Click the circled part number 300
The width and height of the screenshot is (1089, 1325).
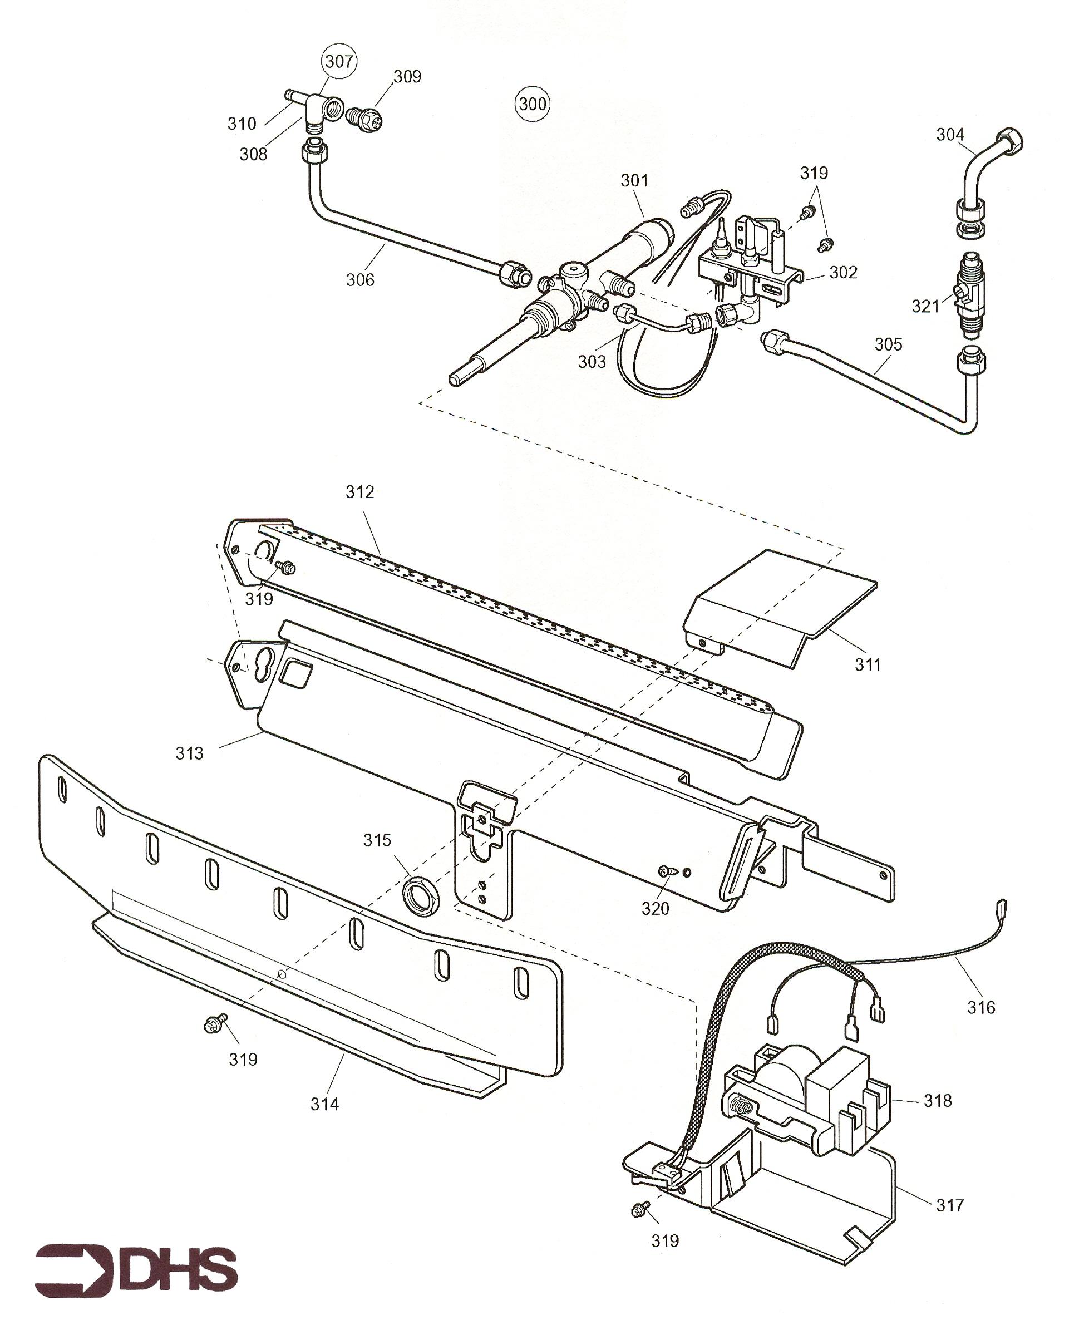coord(532,104)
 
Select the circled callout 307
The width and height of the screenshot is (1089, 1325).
coord(339,61)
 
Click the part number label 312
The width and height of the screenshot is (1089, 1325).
coord(359,492)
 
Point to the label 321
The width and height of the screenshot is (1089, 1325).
coord(925,306)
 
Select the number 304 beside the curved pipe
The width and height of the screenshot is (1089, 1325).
coord(950,134)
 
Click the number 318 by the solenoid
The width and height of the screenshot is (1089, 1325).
coord(937,1100)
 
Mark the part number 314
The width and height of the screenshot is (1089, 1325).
coord(324,1104)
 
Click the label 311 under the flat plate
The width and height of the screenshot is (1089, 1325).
coord(868,664)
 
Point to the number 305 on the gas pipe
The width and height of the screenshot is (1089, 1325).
coord(888,344)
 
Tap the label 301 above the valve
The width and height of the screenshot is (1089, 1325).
coord(634,181)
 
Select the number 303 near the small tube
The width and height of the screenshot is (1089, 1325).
coord(592,361)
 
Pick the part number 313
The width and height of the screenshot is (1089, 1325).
coord(189,753)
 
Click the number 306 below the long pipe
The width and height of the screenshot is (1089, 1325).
coord(360,280)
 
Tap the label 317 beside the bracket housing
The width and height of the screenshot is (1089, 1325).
coord(949,1205)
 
